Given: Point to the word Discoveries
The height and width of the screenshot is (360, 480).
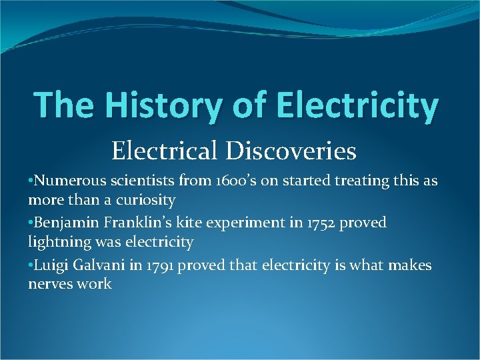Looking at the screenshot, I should pos(293,151).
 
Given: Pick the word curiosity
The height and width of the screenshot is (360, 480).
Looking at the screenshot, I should pos(145,200).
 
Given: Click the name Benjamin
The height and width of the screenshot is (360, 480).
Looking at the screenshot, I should pos(66,223).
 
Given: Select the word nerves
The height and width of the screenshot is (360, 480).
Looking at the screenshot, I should pos(50,284).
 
